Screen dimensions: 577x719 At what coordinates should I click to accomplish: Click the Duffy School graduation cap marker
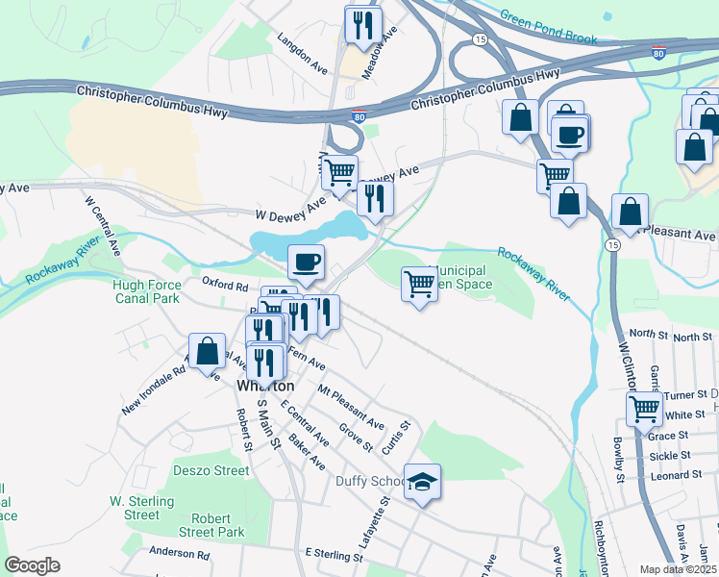tap(421, 481)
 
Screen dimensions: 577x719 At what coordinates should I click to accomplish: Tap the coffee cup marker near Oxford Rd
tap(306, 262)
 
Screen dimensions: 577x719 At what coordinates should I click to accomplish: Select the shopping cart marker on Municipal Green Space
tap(419, 284)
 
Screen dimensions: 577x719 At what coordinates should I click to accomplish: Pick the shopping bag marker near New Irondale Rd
tap(207, 351)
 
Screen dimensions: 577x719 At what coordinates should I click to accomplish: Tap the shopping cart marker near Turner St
tap(643, 408)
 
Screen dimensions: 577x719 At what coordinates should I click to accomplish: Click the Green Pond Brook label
tap(548, 27)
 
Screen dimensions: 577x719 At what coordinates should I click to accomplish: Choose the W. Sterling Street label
tap(141, 508)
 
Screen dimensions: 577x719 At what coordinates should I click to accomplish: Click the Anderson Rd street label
tap(180, 554)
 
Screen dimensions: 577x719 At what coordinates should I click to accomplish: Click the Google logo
tap(32, 564)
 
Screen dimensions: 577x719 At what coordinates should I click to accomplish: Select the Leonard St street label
tap(676, 475)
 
